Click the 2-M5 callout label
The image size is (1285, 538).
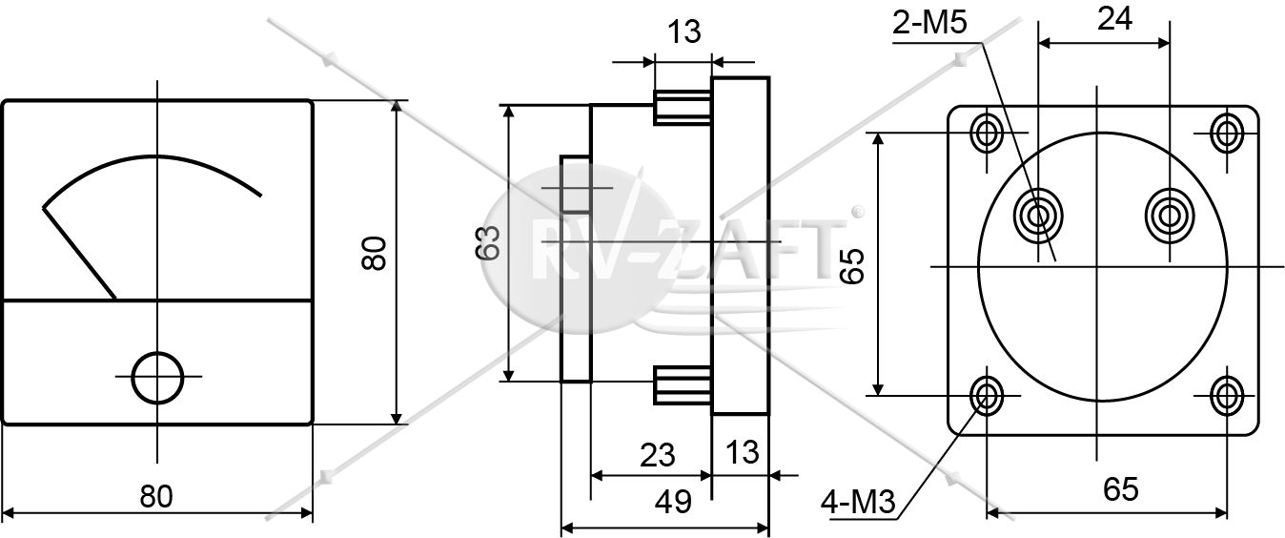pyautogui.click(x=929, y=23)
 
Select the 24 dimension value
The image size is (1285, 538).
pyautogui.click(x=1114, y=19)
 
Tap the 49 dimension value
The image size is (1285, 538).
pyautogui.click(x=673, y=502)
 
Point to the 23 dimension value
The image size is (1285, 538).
pyautogui.click(x=658, y=455)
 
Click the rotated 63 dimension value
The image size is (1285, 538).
pyautogui.click(x=488, y=243)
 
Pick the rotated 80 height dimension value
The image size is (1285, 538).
pyautogui.click(x=374, y=253)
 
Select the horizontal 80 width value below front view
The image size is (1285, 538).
pyautogui.click(x=156, y=496)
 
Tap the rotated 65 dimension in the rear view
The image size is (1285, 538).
pyautogui.click(x=851, y=266)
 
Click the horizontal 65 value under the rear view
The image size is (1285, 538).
pyautogui.click(x=1120, y=489)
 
